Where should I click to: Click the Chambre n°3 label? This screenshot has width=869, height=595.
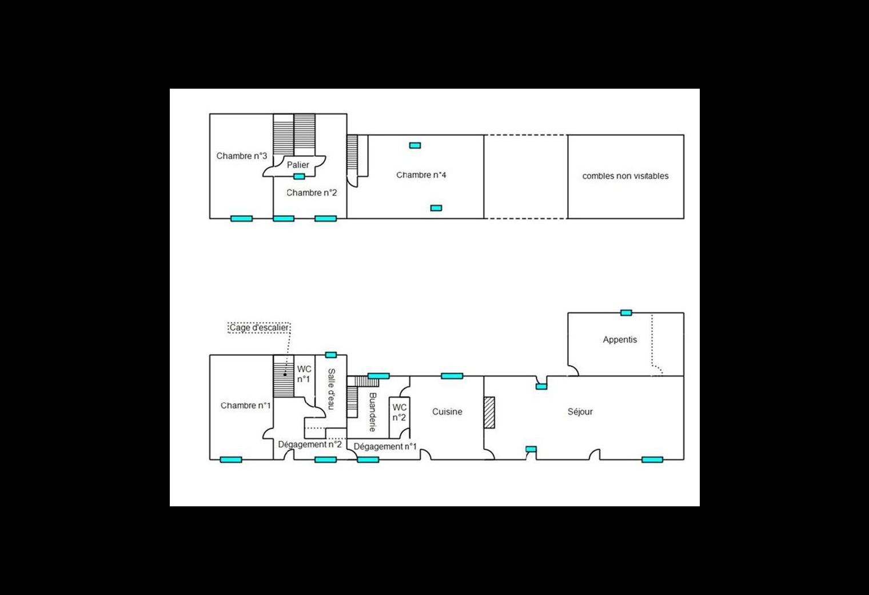[x=242, y=156]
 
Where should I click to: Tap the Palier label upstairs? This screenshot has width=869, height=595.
[x=298, y=165]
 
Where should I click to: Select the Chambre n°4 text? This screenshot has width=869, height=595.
[x=421, y=175]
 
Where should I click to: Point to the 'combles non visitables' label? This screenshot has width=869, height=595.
[x=625, y=176]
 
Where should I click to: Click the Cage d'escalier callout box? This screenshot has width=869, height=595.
[x=259, y=328]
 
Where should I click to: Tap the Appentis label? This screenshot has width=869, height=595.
[x=620, y=340]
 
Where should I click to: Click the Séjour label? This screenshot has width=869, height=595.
[x=580, y=411]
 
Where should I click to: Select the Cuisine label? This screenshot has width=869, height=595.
[x=447, y=411]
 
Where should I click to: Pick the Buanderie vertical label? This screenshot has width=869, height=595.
[x=372, y=412]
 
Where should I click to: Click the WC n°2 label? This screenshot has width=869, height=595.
[x=399, y=412]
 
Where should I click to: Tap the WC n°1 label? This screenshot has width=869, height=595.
[x=304, y=374]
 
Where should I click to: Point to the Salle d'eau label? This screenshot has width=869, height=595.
[x=332, y=389]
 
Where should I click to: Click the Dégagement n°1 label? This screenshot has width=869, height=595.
[x=385, y=447]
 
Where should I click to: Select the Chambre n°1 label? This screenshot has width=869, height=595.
[x=245, y=406]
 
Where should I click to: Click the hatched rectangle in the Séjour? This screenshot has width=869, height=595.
[x=489, y=412]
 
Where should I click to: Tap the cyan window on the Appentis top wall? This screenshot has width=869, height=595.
[x=626, y=312]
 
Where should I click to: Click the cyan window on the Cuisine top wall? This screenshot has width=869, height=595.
[x=452, y=376]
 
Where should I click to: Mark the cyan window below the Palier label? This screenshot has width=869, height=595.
[x=299, y=177]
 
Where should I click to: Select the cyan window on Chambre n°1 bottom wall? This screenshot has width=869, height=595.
[x=231, y=459]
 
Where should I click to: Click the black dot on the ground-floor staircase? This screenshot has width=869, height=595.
[x=285, y=375]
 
